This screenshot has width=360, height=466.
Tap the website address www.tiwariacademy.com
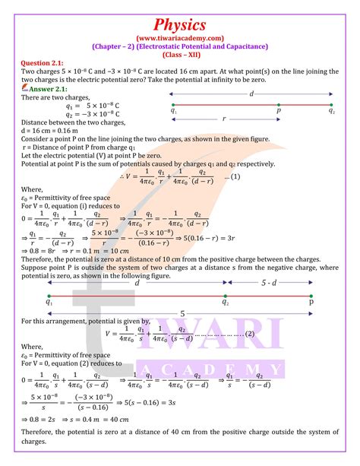[179, 36]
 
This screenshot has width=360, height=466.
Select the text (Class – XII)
[179, 56]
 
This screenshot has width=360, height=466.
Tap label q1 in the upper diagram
[175, 111]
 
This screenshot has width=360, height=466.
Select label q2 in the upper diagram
[332, 111]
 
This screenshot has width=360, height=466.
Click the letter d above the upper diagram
[251, 93]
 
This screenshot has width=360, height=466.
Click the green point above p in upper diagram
[279, 104]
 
